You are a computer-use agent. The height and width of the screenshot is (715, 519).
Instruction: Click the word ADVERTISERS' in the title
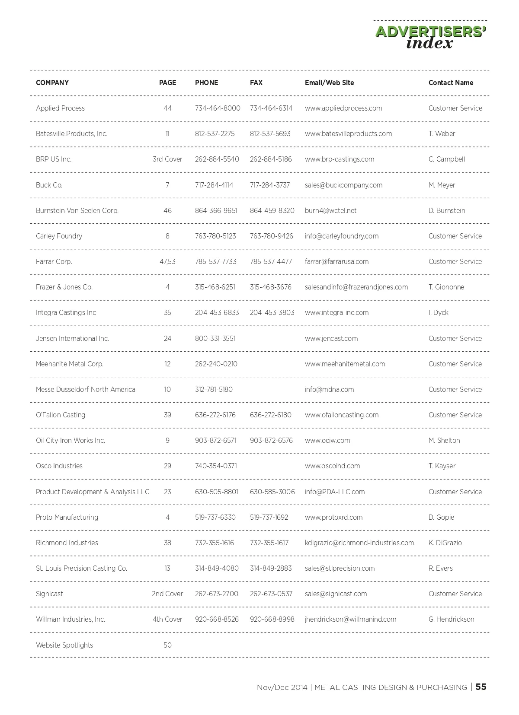click(431, 32)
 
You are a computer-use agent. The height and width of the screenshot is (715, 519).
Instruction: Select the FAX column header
click(256, 83)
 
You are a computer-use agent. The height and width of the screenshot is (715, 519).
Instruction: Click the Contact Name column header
click(451, 83)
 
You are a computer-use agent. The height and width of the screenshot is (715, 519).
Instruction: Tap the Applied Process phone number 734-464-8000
click(218, 108)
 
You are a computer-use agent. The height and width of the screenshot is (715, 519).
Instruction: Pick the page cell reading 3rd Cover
click(167, 159)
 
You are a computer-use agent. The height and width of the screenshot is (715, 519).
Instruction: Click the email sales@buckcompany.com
click(343, 185)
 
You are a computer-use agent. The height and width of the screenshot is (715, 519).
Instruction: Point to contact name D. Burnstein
click(447, 210)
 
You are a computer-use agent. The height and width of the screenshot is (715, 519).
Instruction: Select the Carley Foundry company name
click(59, 236)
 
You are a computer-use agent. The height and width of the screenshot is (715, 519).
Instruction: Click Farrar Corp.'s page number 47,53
click(167, 261)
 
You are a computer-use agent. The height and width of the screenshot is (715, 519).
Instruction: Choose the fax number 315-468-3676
click(271, 287)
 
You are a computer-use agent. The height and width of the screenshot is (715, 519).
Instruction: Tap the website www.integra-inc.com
click(336, 312)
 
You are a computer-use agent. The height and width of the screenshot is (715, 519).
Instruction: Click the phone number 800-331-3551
click(215, 338)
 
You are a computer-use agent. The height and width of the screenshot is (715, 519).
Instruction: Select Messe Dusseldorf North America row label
click(86, 389)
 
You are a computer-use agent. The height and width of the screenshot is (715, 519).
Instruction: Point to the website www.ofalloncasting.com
click(342, 415)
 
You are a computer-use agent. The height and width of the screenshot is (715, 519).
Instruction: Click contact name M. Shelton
click(444, 440)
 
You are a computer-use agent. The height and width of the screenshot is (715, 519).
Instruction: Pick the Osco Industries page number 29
click(167, 466)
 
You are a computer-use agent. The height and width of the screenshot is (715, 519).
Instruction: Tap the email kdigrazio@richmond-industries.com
click(359, 543)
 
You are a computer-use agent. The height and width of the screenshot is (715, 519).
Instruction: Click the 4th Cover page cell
click(167, 619)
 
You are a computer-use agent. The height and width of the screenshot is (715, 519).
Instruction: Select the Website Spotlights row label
click(64, 645)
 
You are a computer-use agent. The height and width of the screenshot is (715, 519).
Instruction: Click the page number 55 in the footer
click(481, 687)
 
